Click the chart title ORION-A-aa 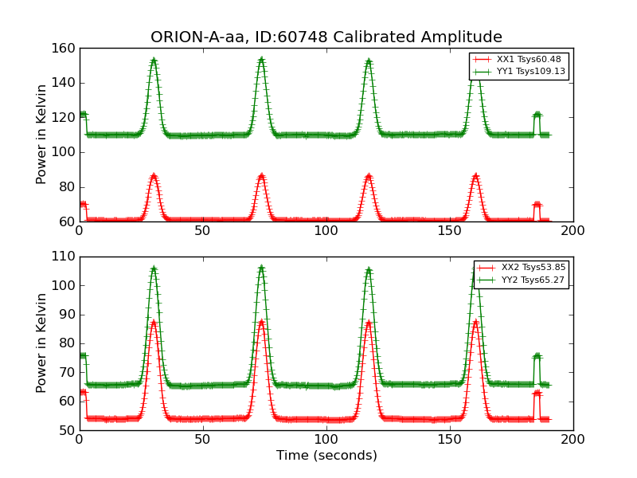click(x=326, y=37)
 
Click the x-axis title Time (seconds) click(x=326, y=456)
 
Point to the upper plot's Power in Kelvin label click(x=42, y=134)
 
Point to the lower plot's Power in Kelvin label click(x=42, y=343)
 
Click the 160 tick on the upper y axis click(x=66, y=49)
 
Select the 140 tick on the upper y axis click(x=66, y=83)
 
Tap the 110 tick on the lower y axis click(x=66, y=257)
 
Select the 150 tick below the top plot click(x=450, y=230)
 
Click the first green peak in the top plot click(x=154, y=60)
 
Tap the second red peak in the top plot click(x=261, y=175)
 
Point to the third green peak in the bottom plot click(x=369, y=269)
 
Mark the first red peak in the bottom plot click(x=154, y=322)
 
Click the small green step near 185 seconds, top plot click(x=537, y=115)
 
